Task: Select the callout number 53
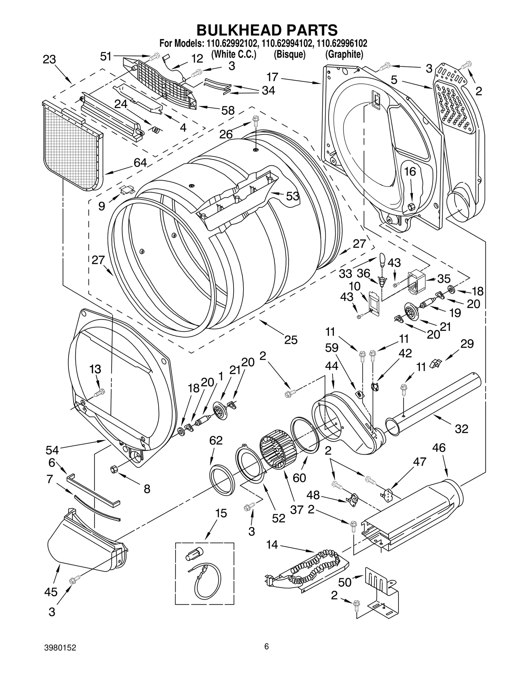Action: pyautogui.click(x=292, y=196)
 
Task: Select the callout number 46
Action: pyautogui.click(x=439, y=448)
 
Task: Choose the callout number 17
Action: pyautogui.click(x=272, y=77)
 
